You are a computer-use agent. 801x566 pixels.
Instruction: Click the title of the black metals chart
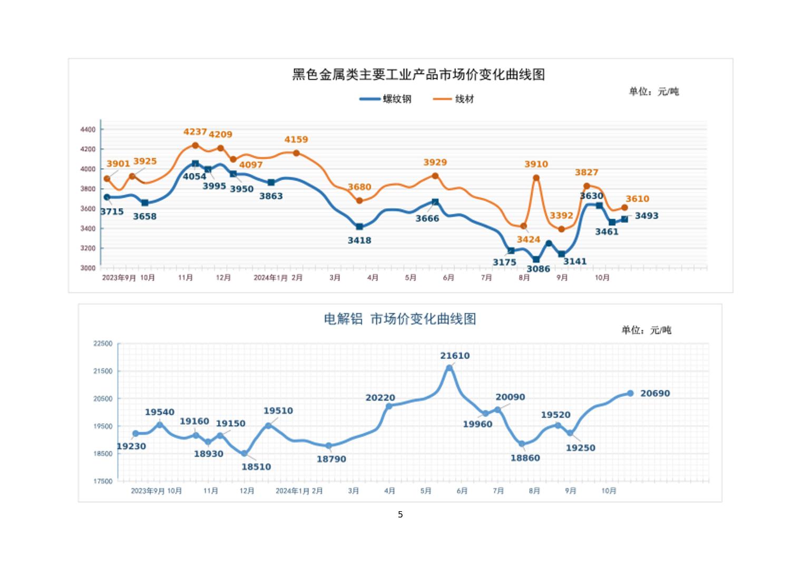(418, 74)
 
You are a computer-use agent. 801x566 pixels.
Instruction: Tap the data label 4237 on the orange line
(195, 132)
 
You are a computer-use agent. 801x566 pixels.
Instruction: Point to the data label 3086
(538, 269)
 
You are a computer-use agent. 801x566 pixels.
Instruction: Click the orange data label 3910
(536, 164)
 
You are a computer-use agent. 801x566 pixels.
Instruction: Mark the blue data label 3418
(359, 240)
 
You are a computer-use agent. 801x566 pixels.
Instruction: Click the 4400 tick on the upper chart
(88, 130)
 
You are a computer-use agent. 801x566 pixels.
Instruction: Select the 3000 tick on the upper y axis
(88, 268)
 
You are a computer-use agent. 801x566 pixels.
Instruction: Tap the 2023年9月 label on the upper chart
(119, 278)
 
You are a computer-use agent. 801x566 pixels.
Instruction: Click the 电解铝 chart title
(400, 319)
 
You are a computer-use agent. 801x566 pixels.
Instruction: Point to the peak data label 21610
(455, 356)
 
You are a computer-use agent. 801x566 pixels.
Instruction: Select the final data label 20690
(655, 393)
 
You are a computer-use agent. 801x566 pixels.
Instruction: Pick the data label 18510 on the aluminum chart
(256, 466)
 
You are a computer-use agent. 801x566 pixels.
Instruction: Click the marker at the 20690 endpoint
(630, 393)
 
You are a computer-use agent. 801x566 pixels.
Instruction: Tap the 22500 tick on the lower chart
(103, 344)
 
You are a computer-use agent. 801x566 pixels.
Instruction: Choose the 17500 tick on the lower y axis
(103, 481)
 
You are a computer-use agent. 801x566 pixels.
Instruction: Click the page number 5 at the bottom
(400, 514)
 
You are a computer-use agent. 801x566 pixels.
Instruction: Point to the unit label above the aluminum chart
(646, 330)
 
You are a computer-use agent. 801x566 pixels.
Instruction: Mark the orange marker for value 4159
(296, 153)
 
